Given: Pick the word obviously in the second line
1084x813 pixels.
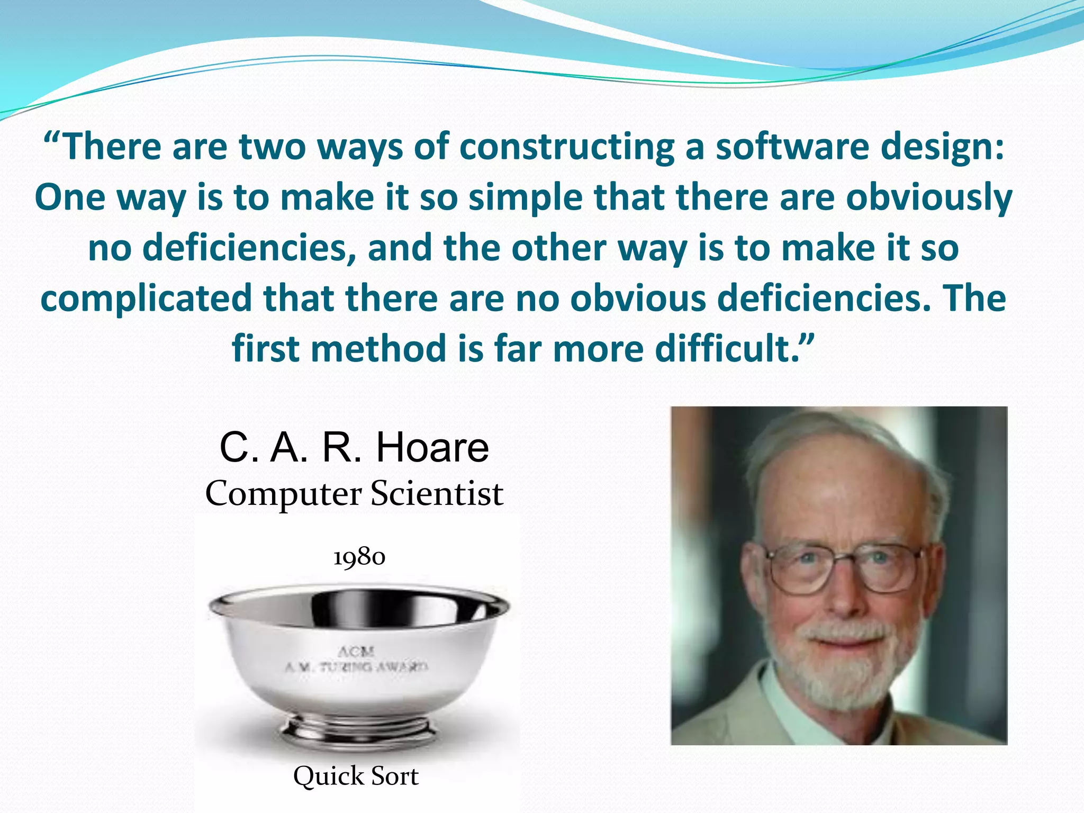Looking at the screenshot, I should [929, 197].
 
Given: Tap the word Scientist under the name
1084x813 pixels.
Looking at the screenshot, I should [436, 493].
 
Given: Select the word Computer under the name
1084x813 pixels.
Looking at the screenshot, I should [284, 493].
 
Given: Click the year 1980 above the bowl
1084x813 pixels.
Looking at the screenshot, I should [359, 557].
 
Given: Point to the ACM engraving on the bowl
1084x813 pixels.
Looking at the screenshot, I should [356, 651].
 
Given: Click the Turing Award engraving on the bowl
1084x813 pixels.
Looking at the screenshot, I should [356, 667].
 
